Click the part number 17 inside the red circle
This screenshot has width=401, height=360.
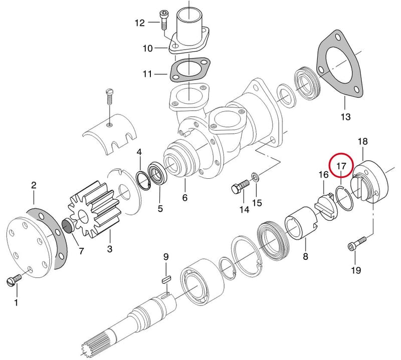pyautogui.click(x=341, y=166)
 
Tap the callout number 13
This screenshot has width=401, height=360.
pyautogui.click(x=345, y=117)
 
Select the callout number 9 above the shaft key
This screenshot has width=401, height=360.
pyautogui.click(x=166, y=257)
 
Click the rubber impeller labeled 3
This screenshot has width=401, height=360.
pyautogui.click(x=93, y=209)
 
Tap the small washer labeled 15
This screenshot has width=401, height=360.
pyautogui.click(x=255, y=176)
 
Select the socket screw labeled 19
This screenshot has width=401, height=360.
pyautogui.click(x=357, y=243)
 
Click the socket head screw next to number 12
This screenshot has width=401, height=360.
pyautogui.click(x=163, y=20)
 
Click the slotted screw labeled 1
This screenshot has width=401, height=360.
pyautogui.click(x=14, y=280)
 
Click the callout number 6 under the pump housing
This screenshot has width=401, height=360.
pyautogui.click(x=184, y=198)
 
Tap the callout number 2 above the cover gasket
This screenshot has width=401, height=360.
pyautogui.click(x=34, y=185)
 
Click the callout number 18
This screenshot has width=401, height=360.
pyautogui.click(x=362, y=142)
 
